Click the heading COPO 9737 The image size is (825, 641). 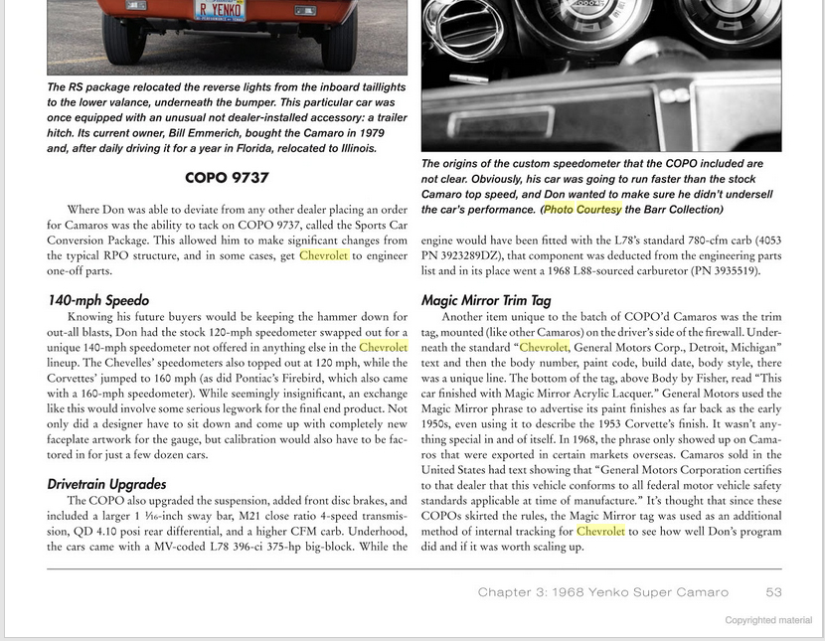click(227, 178)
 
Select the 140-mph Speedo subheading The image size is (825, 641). click(98, 299)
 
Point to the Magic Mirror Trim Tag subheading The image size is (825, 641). click(486, 299)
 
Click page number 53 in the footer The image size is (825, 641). click(773, 592)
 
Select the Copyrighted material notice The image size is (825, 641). click(767, 620)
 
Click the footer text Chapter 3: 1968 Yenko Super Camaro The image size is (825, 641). click(602, 592)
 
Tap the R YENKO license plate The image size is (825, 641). click(221, 9)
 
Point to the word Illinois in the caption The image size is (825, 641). click(352, 148)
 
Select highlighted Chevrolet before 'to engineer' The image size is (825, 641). click(323, 255)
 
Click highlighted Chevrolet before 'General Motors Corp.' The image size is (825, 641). click(544, 347)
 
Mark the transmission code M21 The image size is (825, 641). click(218, 516)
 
